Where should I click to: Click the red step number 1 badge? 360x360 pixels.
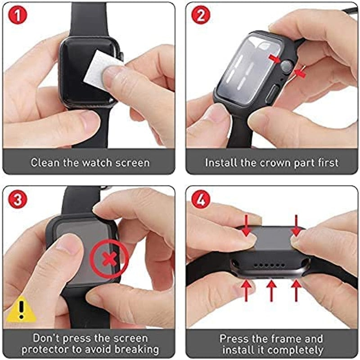click(18, 15)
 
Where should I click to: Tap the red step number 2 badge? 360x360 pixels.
click(201, 15)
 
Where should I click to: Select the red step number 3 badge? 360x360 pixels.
click(18, 199)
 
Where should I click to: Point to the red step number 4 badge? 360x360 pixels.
click(201, 199)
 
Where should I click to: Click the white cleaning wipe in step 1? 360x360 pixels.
click(101, 69)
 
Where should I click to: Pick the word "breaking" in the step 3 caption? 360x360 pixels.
click(137, 350)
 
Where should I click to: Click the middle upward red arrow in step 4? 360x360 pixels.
click(271, 290)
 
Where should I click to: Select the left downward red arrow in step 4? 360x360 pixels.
click(247, 226)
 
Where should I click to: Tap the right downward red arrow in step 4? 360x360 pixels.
click(296, 226)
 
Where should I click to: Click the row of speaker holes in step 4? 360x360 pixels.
click(269, 265)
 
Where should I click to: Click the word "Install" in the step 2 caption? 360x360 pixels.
click(221, 162)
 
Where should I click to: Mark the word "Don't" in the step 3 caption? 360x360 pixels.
click(46, 338)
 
